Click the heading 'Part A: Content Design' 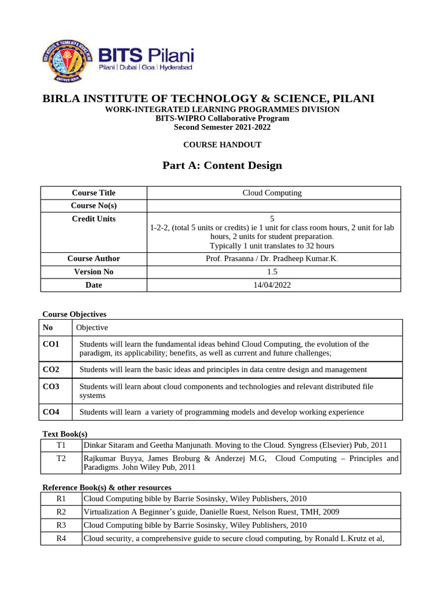coord(222,165)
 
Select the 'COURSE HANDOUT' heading coord(222,144)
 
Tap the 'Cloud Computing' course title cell coord(272,193)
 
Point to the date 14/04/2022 coord(272,285)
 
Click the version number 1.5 coord(272,271)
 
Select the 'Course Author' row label coord(93,258)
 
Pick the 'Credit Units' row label coord(93,219)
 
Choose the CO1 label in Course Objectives coord(52,344)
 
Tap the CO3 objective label coord(52,386)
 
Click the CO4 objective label coord(52,412)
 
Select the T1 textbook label coord(61,445)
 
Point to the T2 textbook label coord(61,458)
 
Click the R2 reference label coord(61,512)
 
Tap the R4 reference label coord(61,538)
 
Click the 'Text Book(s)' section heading coord(65,434)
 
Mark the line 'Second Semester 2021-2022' coord(222,127)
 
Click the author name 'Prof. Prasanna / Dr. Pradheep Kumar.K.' coord(272,258)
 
